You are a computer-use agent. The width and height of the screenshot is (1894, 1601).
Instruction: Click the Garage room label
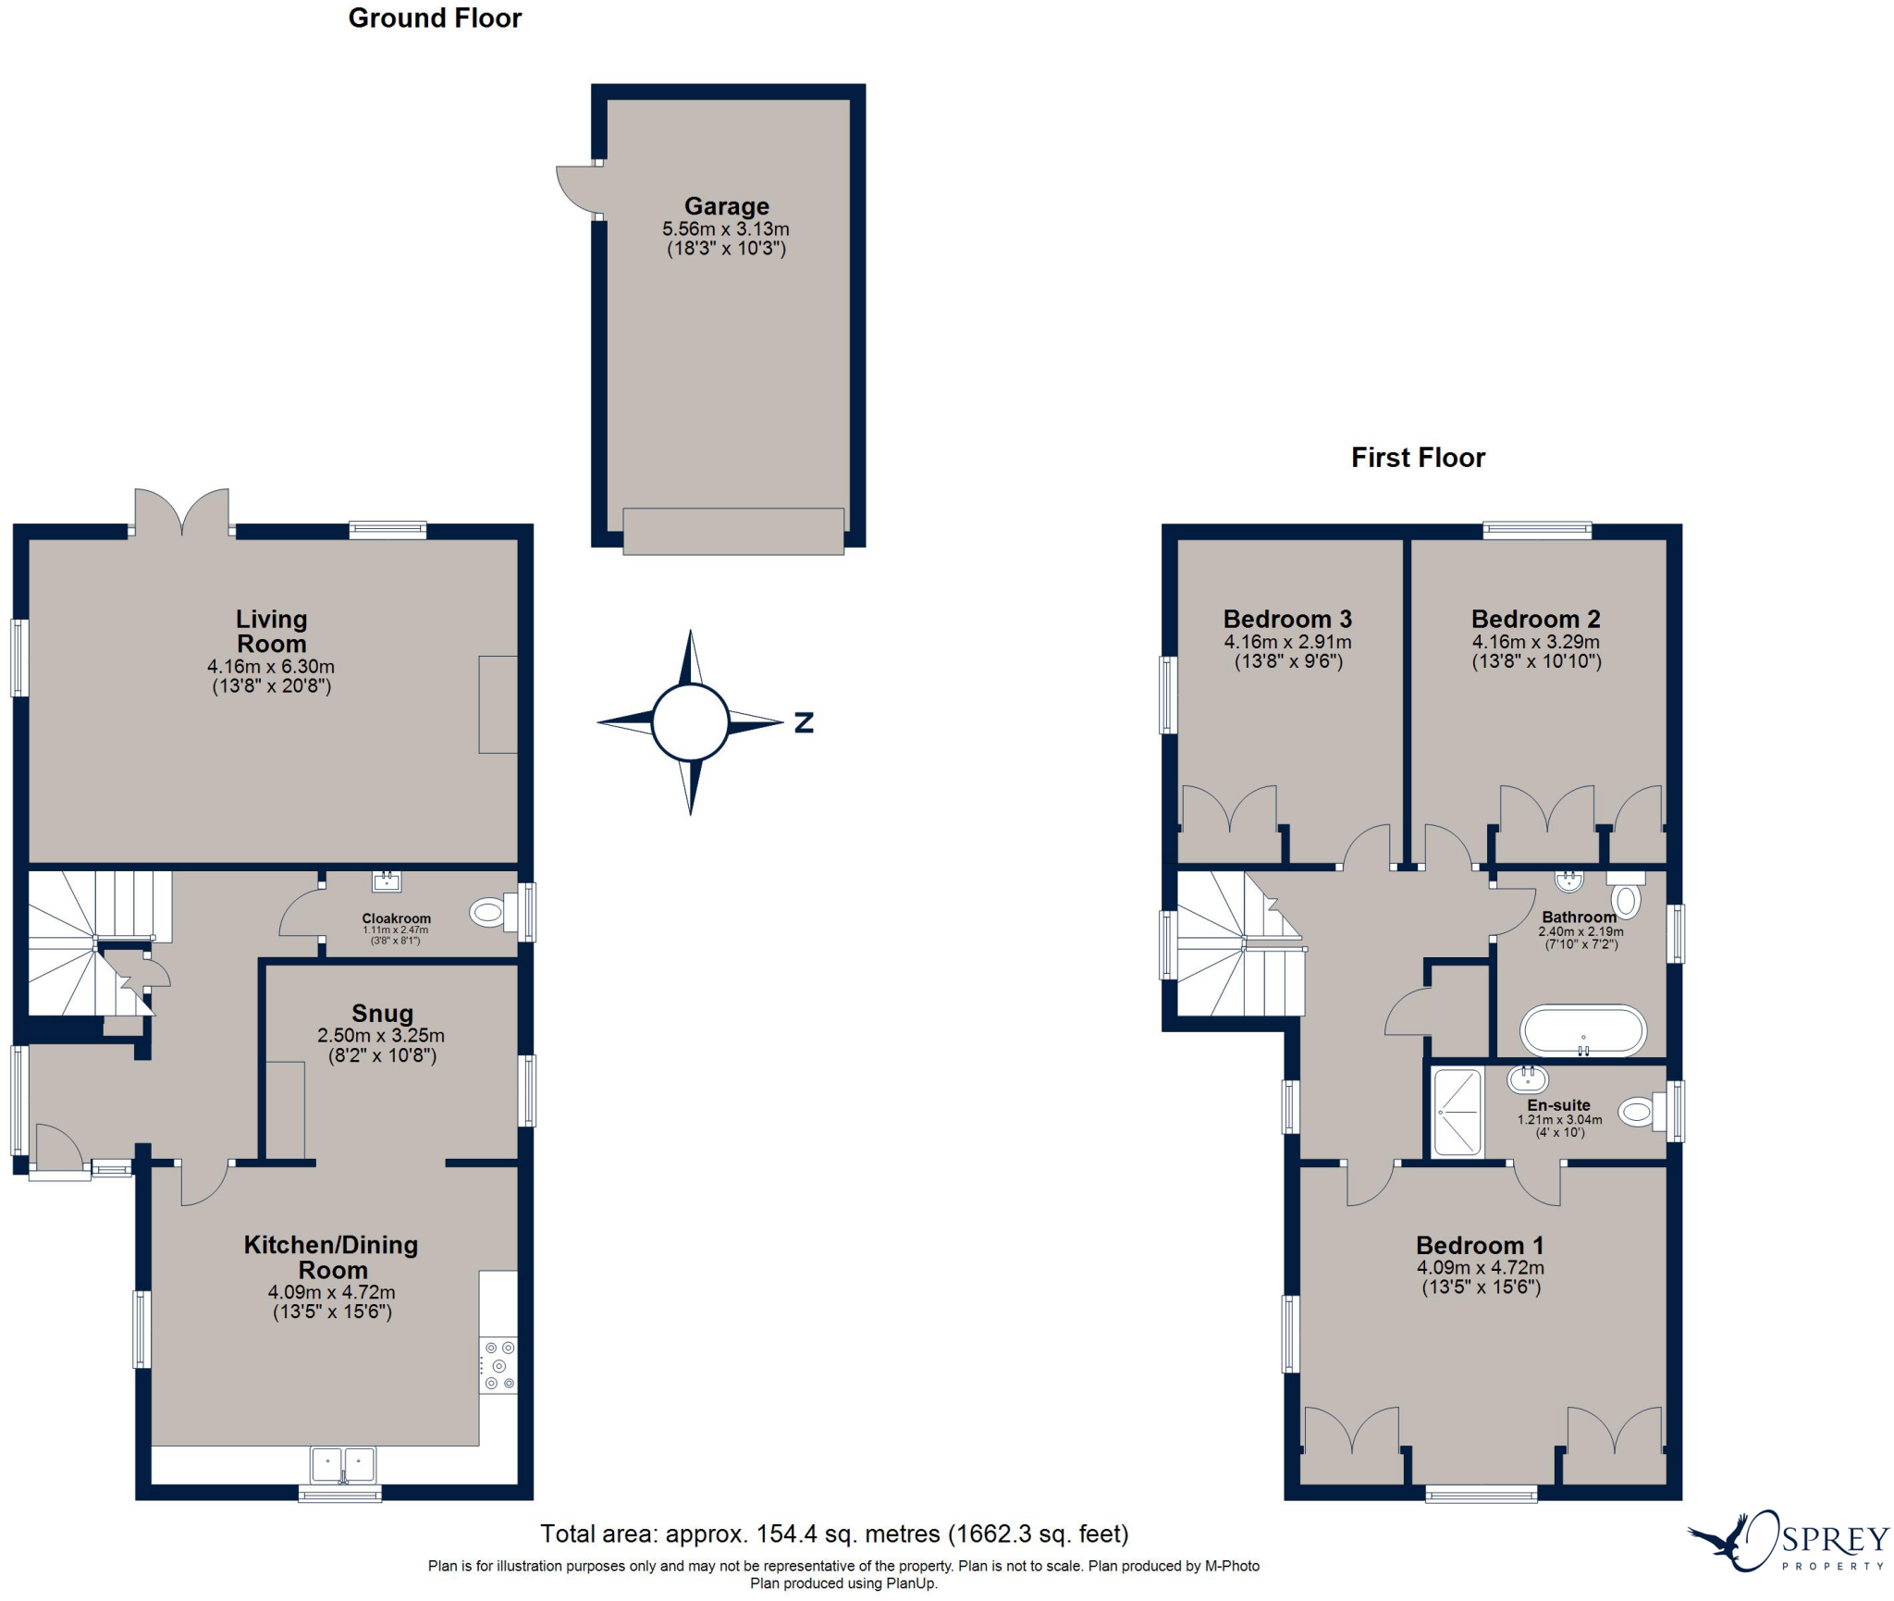pos(726,206)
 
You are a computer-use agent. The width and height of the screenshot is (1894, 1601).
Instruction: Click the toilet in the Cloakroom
pos(491,913)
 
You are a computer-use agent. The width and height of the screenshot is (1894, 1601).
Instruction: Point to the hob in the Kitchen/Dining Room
pos(498,1365)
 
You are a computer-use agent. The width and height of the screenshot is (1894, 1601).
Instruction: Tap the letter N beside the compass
pos(804,722)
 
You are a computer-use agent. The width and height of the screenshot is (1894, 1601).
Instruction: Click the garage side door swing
pos(576,190)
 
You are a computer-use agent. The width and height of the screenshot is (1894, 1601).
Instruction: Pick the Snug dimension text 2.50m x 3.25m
pos(381,1036)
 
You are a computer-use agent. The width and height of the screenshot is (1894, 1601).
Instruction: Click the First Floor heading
pos(1418,458)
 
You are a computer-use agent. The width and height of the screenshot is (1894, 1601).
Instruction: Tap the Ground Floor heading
pos(435,18)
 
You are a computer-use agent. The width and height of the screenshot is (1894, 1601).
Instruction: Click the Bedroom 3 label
pos(1287,619)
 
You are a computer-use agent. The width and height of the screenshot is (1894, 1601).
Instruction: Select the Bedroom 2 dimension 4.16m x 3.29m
pos(1536,642)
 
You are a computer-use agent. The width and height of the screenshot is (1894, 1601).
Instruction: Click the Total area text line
pos(834,1534)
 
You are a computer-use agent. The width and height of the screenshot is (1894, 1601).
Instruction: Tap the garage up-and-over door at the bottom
pos(733,532)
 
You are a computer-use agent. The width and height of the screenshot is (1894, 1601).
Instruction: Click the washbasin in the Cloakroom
pos(387,881)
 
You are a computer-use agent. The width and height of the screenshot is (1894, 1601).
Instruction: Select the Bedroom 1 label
pos(1480,1246)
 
